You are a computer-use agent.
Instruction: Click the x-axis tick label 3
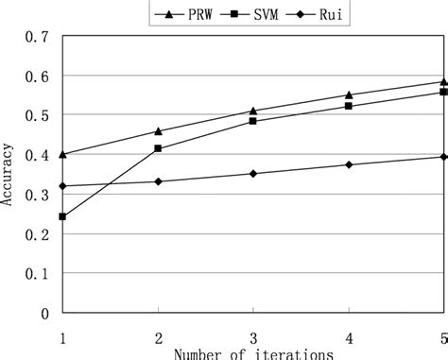pos(253,337)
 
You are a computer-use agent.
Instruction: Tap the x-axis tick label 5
pos(443,337)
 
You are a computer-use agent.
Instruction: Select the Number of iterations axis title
pos(252,354)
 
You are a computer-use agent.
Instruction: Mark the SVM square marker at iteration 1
pos(62,216)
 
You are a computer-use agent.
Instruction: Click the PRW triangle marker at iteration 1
pos(62,154)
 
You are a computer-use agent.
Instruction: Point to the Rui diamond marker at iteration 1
pos(62,186)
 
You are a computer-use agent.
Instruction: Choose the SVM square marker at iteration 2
pos(158,148)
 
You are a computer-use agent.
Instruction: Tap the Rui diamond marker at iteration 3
pos(253,174)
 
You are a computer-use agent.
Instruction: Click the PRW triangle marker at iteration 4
pos(349,94)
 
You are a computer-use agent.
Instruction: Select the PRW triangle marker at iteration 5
pos(443,81)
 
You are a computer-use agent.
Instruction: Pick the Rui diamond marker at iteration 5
pos(443,157)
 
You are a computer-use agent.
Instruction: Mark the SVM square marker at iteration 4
pos(349,106)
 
